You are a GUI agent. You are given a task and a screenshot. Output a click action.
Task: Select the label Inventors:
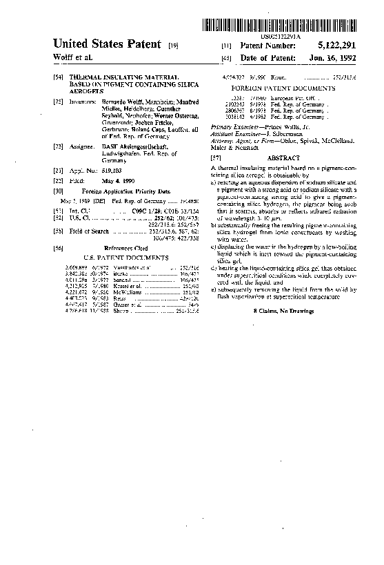pos(83,101)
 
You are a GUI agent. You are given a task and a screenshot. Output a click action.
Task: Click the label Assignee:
pos(82,147)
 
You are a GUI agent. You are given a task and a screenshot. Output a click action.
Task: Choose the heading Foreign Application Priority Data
pos(125,190)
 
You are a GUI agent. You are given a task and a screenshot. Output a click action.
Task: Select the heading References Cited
pos(125,247)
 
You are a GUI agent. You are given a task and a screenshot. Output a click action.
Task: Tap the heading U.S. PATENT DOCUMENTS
pos(125,256)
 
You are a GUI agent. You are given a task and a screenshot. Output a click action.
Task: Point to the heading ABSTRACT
pos(283,158)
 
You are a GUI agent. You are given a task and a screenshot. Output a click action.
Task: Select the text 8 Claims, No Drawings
pos(283,312)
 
